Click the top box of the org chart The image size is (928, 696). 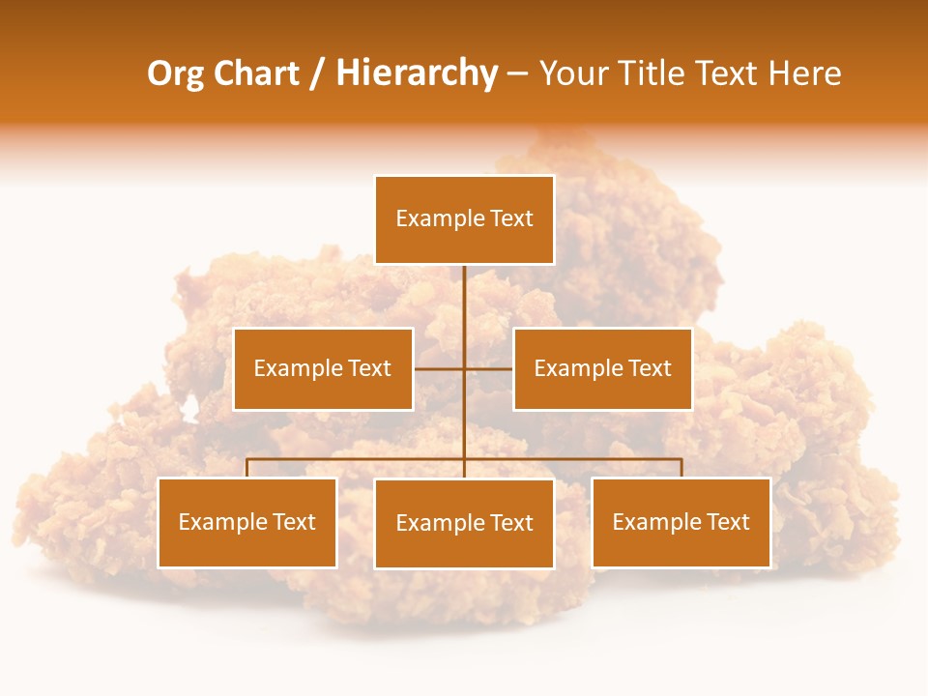pyautogui.click(x=464, y=219)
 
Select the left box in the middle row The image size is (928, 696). pyautogui.click(x=323, y=368)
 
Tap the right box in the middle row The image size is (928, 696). pyautogui.click(x=602, y=368)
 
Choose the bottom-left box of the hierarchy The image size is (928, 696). pyautogui.click(x=247, y=522)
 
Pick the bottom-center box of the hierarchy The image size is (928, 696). pyautogui.click(x=464, y=523)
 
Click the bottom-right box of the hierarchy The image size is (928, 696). pyautogui.click(x=681, y=522)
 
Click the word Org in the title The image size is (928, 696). pyautogui.click(x=175, y=73)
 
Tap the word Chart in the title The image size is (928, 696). pyautogui.click(x=255, y=73)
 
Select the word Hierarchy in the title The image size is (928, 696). pyautogui.click(x=417, y=73)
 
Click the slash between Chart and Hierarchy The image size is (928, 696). pyautogui.click(x=317, y=73)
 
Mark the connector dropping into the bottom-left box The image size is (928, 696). pyautogui.click(x=247, y=468)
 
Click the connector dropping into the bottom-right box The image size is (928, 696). pyautogui.click(x=681, y=468)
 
